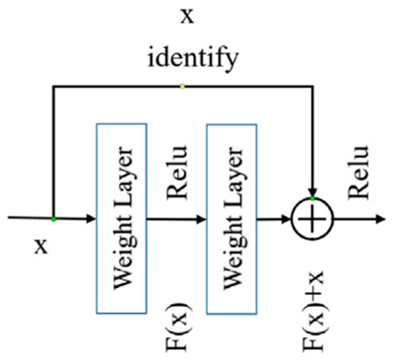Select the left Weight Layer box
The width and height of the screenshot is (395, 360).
[x=122, y=218]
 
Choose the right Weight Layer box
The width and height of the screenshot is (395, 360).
[x=232, y=218]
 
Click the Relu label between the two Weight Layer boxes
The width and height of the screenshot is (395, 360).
[x=177, y=172]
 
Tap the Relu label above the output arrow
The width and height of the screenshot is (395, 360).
[x=359, y=172]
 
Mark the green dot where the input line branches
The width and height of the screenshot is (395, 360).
[x=53, y=219]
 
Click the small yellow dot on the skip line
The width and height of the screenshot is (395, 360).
[x=182, y=86]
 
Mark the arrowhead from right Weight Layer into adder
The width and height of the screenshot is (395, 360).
[x=286, y=219]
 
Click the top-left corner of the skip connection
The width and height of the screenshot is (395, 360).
[x=53, y=86]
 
